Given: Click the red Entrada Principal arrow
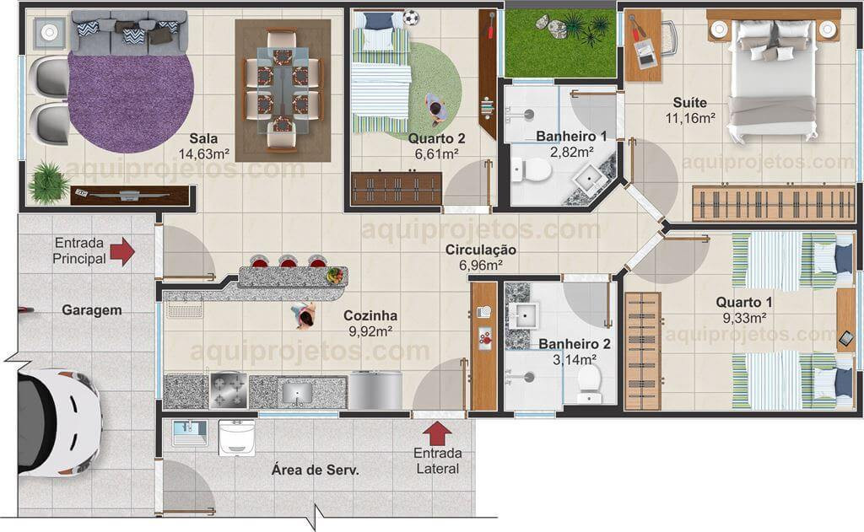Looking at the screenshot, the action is [122, 252].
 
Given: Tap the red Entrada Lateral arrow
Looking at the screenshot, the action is [437, 433].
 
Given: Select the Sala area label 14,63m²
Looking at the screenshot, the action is [203, 154].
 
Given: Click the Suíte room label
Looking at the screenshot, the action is [690, 102].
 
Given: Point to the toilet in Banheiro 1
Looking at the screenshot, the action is [531, 170].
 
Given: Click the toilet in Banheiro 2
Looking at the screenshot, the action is [589, 384].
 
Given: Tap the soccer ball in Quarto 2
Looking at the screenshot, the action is [411, 19].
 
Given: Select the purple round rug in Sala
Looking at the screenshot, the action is [131, 102].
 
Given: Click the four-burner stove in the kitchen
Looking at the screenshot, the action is [229, 390].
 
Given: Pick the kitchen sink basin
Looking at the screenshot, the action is [298, 393].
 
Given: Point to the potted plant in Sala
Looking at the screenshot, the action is [48, 182].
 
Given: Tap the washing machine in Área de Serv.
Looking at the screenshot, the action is [237, 438].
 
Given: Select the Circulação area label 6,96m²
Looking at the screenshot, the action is [480, 266].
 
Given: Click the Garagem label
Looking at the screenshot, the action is [91, 310].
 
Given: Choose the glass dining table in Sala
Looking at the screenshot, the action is [283, 89].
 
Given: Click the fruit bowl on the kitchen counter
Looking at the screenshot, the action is [334, 276].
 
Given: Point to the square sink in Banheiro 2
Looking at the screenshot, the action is [522, 315].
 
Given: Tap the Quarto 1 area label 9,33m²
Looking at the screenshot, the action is [745, 319].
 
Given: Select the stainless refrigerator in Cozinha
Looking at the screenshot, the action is [375, 390].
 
